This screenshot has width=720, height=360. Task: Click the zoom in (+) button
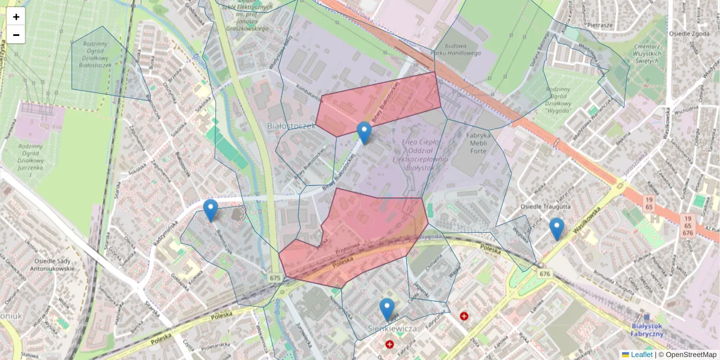coord(16,17)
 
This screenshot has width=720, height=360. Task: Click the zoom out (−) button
coord(16,35)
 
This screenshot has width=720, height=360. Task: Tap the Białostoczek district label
coord(291,127)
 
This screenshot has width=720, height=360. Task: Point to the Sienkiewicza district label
coord(392,329)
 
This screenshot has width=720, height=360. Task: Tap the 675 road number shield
coord(275,278)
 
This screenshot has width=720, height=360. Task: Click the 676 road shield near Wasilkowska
coord(544,274)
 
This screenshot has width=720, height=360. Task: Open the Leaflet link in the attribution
coord(641,355)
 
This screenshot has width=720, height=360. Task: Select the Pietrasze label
coord(599,26)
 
